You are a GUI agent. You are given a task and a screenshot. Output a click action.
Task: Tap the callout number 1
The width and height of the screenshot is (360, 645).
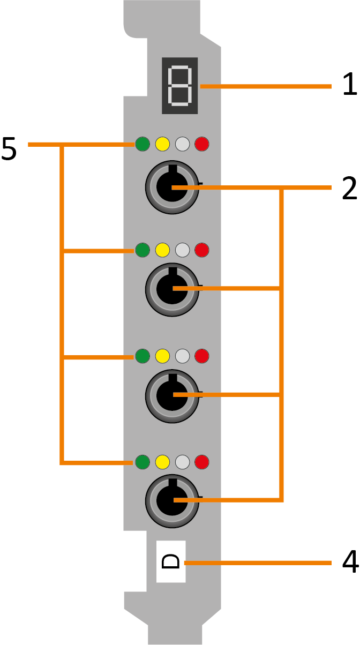pyautogui.click(x=349, y=85)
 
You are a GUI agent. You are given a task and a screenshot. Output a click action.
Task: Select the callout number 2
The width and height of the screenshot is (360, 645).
pyautogui.click(x=349, y=187)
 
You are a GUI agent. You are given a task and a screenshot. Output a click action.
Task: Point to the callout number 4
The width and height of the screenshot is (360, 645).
pyautogui.click(x=349, y=562)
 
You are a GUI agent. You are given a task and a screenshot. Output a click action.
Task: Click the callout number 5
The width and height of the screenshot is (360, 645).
pyautogui.click(x=9, y=149)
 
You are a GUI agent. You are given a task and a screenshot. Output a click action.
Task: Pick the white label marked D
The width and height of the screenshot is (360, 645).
pyautogui.click(x=170, y=561)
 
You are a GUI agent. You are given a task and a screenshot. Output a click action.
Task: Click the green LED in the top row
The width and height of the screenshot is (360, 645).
pyautogui.click(x=142, y=144)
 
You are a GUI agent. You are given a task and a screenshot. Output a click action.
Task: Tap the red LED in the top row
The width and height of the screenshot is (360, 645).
pyautogui.click(x=202, y=144)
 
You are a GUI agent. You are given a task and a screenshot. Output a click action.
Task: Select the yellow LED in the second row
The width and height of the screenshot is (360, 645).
pyautogui.click(x=162, y=250)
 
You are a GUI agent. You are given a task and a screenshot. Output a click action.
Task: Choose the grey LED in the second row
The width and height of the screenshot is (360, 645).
pyautogui.click(x=182, y=250)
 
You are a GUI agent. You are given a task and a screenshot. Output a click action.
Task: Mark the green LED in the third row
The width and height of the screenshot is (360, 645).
pyautogui.click(x=142, y=355)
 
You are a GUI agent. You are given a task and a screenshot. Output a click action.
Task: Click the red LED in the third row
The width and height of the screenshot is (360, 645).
pyautogui.click(x=202, y=355)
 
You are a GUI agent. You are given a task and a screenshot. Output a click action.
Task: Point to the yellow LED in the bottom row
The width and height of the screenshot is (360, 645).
pyautogui.click(x=162, y=461)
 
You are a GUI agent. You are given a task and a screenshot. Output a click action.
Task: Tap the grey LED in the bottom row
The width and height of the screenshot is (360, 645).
pyautogui.click(x=182, y=461)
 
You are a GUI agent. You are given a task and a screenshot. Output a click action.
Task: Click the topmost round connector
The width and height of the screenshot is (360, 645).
pyautogui.click(x=172, y=187)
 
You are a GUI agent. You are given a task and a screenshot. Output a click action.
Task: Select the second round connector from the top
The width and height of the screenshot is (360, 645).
pyautogui.click(x=172, y=290)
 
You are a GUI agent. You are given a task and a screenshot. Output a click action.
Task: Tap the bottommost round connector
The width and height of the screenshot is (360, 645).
pyautogui.click(x=172, y=501)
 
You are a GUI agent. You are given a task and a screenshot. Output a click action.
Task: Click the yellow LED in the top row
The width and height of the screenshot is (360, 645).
pyautogui.click(x=162, y=144)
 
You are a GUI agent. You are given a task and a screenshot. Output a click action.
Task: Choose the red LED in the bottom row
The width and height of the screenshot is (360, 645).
pyautogui.click(x=202, y=461)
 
